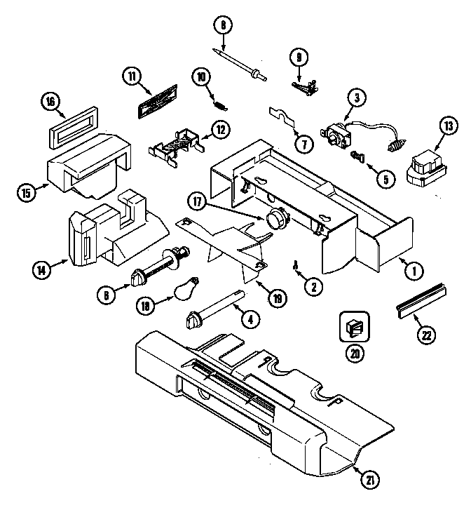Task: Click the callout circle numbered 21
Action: [x=369, y=480]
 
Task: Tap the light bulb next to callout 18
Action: [x=184, y=287]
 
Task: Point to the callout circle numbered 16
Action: [x=50, y=102]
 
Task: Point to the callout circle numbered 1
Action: [x=413, y=267]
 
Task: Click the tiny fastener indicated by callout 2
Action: [x=296, y=265]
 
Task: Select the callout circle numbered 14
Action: [x=41, y=267]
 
